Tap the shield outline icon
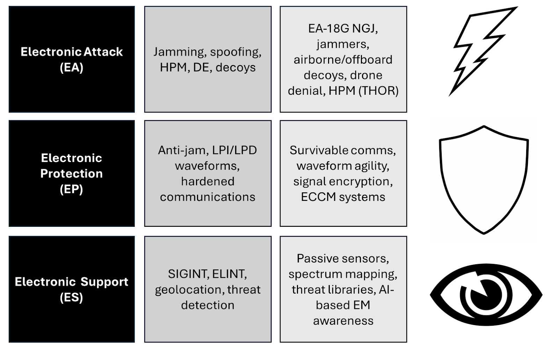[x=484, y=178]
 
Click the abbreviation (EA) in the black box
[x=71, y=67]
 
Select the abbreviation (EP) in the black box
[x=71, y=189]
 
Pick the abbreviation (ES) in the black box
[x=71, y=297]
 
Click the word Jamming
[x=179, y=52]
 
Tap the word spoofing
[x=235, y=52]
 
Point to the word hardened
[x=208, y=181]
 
